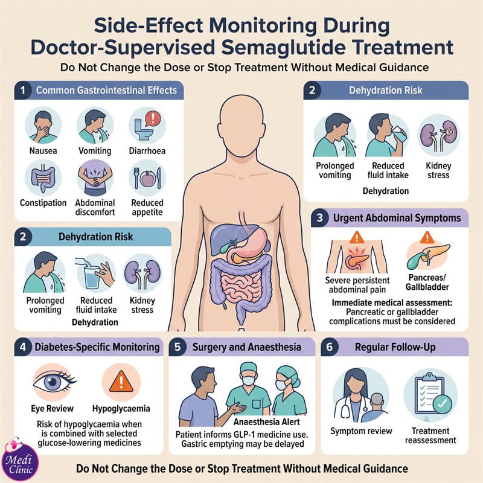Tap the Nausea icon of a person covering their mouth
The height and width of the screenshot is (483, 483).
(43, 126)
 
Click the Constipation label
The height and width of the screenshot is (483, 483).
(43, 203)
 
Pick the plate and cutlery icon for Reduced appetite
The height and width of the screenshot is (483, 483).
(147, 178)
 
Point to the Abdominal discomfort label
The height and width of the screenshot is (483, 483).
(95, 207)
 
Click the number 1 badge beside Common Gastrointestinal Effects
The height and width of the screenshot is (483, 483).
(23, 91)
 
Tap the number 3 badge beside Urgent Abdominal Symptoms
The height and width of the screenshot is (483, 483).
(320, 218)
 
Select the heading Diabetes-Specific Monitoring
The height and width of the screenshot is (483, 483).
(97, 347)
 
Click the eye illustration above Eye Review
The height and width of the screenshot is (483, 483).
(54, 382)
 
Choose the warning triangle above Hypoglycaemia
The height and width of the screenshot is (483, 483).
(121, 382)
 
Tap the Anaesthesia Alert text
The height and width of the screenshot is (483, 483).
(266, 421)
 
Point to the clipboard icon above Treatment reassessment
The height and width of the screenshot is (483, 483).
(430, 395)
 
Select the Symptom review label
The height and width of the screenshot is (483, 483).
(361, 431)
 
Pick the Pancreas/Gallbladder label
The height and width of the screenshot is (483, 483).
(427, 282)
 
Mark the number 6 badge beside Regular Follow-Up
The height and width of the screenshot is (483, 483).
(330, 347)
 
